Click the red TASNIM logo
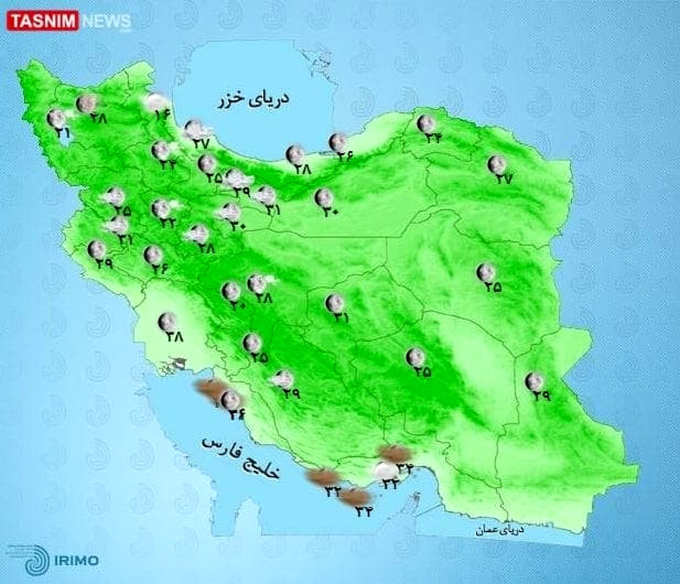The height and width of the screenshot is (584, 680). pos(42,22)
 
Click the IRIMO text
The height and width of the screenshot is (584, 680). pos(77,561)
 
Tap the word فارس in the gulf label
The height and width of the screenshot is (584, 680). pos(219,445)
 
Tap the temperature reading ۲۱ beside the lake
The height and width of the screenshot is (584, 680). pos(62,133)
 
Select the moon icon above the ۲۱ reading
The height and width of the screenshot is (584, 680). pos(57,118)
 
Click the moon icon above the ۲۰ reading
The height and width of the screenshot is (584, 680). pos(231,291)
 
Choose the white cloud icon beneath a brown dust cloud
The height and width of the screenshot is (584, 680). pos(385,470)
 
